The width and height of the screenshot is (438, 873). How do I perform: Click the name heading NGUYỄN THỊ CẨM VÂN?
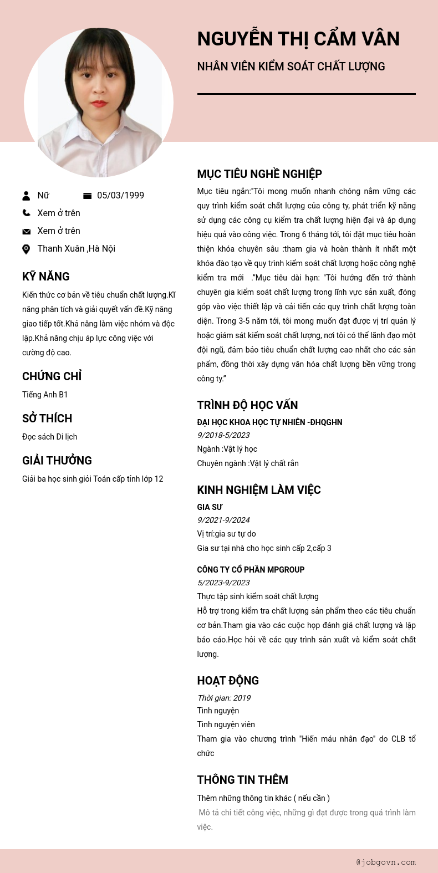(298, 39)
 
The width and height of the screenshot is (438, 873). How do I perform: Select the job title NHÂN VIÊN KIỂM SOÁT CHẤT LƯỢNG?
(291, 67)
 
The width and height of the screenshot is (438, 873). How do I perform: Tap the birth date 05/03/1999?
(120, 196)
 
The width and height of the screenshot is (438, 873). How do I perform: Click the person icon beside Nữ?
(26, 196)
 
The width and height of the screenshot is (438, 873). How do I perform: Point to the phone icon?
(26, 213)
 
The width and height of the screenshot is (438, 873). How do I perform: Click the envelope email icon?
(26, 231)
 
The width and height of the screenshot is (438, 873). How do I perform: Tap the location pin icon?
(26, 249)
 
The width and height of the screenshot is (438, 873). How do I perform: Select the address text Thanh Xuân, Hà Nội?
(76, 249)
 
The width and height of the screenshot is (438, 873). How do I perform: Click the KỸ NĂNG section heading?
(46, 277)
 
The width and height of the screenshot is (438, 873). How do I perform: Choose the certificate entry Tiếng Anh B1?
(45, 395)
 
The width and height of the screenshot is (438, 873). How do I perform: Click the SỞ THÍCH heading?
(47, 418)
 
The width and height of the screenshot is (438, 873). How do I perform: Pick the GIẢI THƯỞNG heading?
(57, 461)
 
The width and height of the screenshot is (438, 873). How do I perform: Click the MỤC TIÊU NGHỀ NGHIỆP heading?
(259, 174)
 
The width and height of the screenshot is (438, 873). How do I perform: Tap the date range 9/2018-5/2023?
(223, 436)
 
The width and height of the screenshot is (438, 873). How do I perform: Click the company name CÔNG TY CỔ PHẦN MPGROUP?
(251, 570)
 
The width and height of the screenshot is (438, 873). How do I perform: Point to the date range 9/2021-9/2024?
(223, 520)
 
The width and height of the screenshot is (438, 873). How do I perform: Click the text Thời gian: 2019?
(224, 698)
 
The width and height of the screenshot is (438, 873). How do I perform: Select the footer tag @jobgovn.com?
(386, 862)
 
